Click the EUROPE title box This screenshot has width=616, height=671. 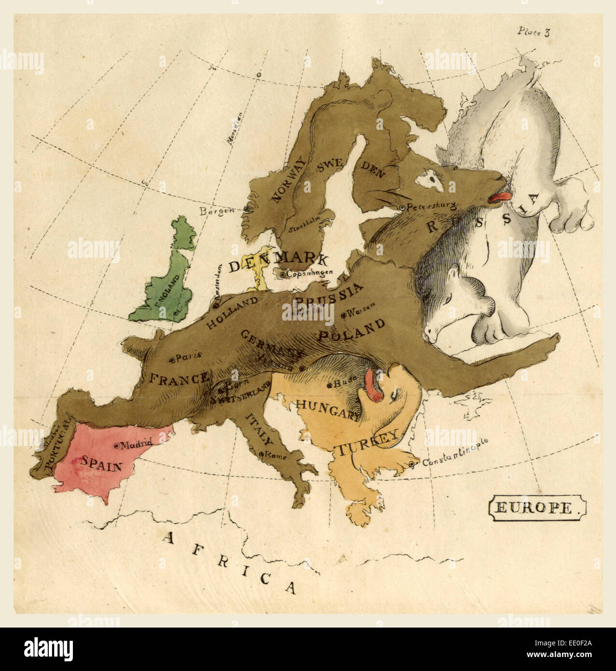coord(538,508)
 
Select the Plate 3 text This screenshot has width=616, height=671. coord(533,32)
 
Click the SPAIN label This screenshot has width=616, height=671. coord(101,464)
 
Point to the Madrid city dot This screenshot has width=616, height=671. coord(116,445)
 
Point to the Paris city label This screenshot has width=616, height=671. coord(189,358)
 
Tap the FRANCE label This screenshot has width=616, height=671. coord(178,378)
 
